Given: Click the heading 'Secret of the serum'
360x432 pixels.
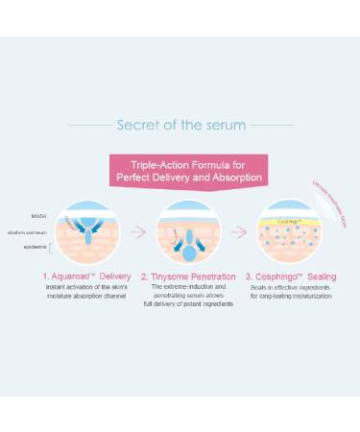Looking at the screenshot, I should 180,125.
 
